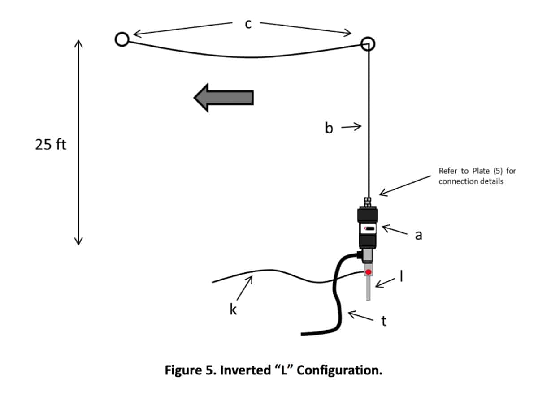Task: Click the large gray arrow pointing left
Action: click(x=224, y=98)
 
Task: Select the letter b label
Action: click(x=329, y=128)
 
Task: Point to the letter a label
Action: click(x=418, y=235)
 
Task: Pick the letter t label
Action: click(x=383, y=321)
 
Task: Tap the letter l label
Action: click(x=401, y=276)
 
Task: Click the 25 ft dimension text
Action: click(x=51, y=145)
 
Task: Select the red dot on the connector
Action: click(x=368, y=272)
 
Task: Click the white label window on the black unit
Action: click(x=368, y=228)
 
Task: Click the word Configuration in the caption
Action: click(x=339, y=370)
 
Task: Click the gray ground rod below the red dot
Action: click(x=368, y=288)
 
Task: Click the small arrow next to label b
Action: click(x=351, y=127)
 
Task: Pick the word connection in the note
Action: click(x=455, y=181)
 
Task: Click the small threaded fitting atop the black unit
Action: click(x=368, y=202)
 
